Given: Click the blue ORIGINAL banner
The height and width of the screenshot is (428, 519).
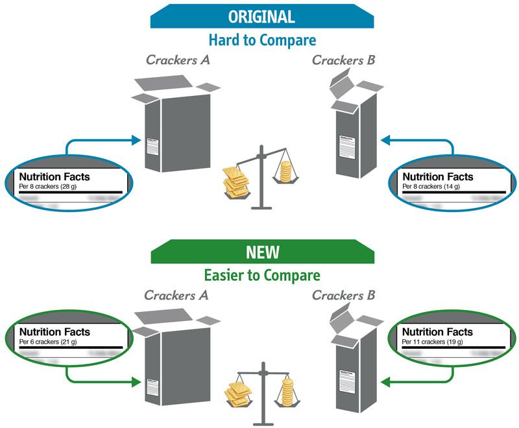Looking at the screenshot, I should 262,18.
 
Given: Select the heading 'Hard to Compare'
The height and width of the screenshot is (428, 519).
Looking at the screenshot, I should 262,40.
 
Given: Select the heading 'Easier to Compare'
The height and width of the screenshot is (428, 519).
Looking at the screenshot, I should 262,275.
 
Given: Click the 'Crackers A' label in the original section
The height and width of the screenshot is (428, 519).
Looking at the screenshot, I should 176,61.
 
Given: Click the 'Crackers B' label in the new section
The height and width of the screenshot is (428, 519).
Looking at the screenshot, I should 343,296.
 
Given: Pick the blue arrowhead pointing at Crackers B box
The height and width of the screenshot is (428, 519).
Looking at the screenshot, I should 385,139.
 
